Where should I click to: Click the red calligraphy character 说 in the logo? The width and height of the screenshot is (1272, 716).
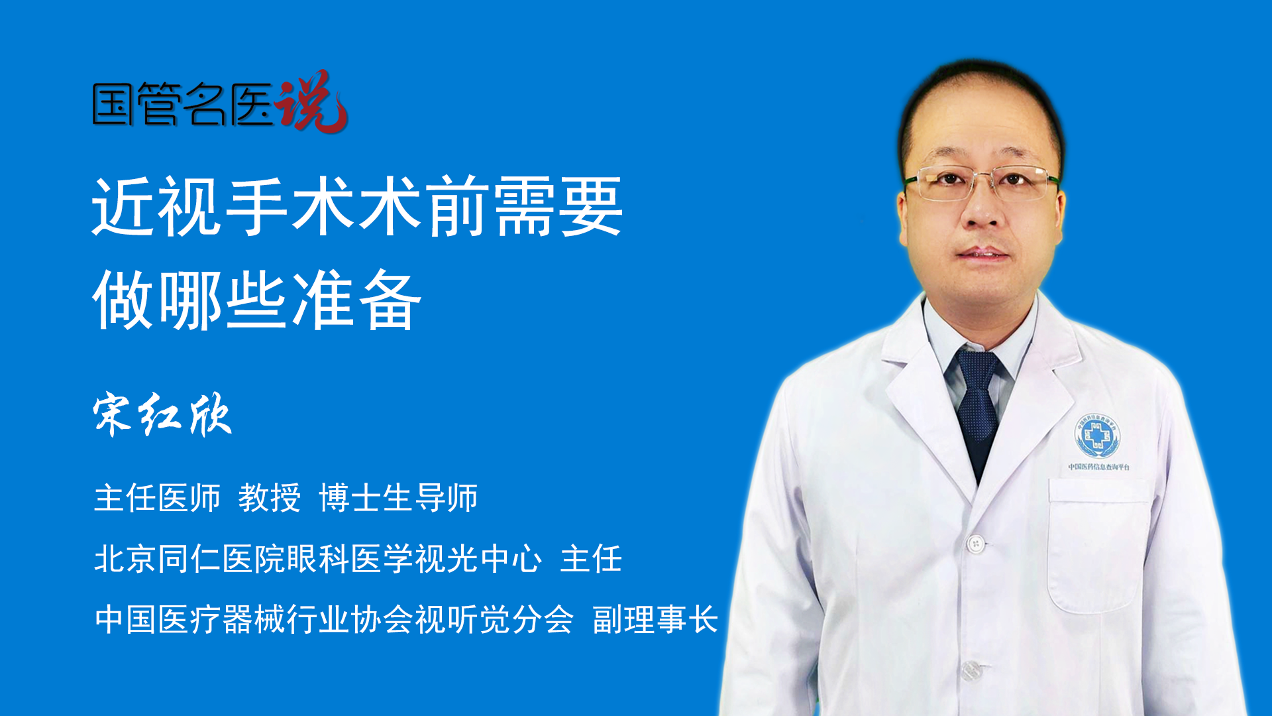click(x=311, y=101)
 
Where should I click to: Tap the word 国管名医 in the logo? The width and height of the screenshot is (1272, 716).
click(x=183, y=104)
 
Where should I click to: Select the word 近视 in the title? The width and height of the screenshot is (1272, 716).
click(x=157, y=207)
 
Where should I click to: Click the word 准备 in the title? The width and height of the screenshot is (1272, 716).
click(x=356, y=300)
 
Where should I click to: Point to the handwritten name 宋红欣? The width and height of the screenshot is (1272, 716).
click(x=162, y=415)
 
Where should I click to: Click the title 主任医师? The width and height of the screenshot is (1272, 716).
click(x=157, y=498)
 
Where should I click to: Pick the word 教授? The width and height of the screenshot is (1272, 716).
click(x=270, y=498)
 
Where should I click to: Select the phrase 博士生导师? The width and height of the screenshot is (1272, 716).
click(x=398, y=498)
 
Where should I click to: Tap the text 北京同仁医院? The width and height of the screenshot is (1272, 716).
click(x=189, y=558)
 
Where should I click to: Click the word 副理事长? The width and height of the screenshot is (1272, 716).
click(x=655, y=620)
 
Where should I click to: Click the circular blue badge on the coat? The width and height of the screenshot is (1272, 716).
click(x=1097, y=436)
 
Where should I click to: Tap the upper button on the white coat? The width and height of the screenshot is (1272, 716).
click(x=975, y=544)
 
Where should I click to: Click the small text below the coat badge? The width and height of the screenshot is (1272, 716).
click(x=1099, y=467)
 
